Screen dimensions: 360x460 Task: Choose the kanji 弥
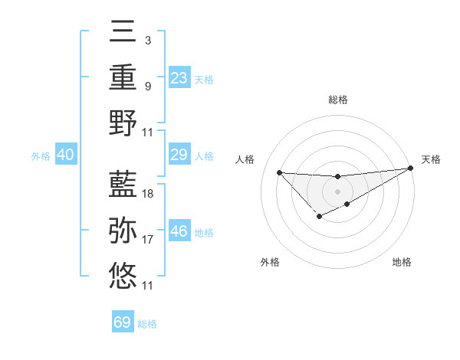[123, 229]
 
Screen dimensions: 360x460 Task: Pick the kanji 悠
[123, 274]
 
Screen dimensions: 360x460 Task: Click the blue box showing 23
[179, 77]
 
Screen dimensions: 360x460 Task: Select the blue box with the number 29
[179, 155]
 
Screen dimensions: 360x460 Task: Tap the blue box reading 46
[179, 231]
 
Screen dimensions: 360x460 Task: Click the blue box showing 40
[65, 155]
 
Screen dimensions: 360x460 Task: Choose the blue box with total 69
[123, 322]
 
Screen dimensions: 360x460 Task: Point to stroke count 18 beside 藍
[148, 194]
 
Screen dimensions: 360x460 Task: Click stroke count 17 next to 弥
[148, 240]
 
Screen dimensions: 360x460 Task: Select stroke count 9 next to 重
[147, 87]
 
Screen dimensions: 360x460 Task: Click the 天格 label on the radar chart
[431, 159]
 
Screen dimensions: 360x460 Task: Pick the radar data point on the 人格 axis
[279, 172]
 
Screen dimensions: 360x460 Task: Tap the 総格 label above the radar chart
[338, 100]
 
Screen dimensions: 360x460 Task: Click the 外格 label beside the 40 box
[41, 156]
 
